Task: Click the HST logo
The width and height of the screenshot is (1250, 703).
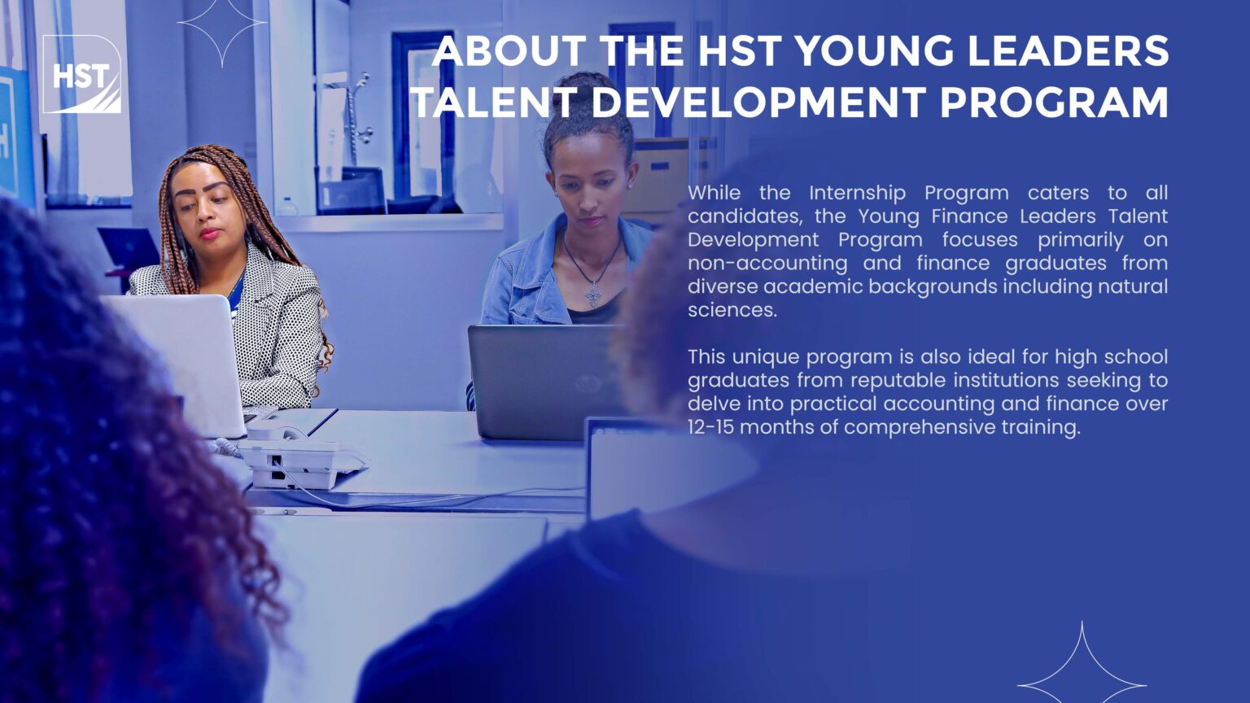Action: tap(82, 74)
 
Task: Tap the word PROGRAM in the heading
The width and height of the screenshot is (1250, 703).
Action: tap(1054, 102)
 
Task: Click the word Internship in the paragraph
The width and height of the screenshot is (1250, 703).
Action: tap(858, 194)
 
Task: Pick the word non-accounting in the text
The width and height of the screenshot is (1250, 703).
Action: tap(767, 264)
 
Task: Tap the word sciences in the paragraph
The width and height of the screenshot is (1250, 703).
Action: tap(732, 310)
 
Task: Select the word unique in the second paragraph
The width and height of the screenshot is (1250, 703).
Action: tap(767, 357)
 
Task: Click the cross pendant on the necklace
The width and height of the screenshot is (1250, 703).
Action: tap(594, 293)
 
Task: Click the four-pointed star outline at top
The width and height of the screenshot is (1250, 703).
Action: tap(222, 25)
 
